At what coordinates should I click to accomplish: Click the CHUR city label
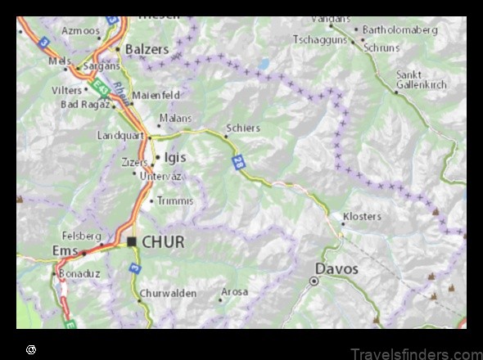pyautogui.click(x=163, y=242)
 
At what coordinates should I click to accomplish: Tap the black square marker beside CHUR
pyautogui.click(x=132, y=242)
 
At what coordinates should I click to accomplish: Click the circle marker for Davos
pyautogui.click(x=314, y=281)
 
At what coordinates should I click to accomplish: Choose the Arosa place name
pyautogui.click(x=234, y=291)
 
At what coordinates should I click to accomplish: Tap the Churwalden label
pyautogui.click(x=168, y=292)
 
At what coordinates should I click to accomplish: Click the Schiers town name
pyautogui.click(x=243, y=128)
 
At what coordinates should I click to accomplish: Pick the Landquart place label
pyautogui.click(x=120, y=136)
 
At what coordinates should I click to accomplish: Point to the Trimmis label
pyautogui.click(x=175, y=200)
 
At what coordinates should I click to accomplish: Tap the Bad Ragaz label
pyautogui.click(x=84, y=105)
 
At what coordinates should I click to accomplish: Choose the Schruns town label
pyautogui.click(x=382, y=47)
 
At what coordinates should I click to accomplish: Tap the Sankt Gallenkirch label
pyautogui.click(x=421, y=80)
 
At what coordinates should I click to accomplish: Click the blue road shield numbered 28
pyautogui.click(x=238, y=162)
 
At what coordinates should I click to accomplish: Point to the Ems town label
pyautogui.click(x=65, y=251)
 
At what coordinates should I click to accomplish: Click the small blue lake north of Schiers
pyautogui.click(x=263, y=63)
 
